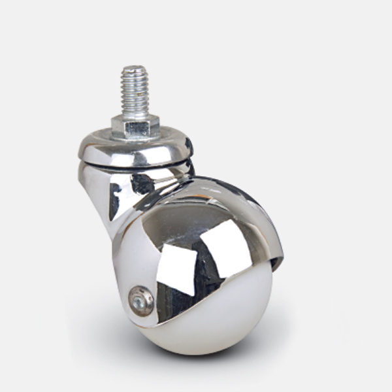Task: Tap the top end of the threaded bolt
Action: point(134,68)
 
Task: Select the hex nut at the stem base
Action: point(135,125)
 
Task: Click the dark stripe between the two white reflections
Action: point(200,261)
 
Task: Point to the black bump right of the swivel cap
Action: point(189,147)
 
